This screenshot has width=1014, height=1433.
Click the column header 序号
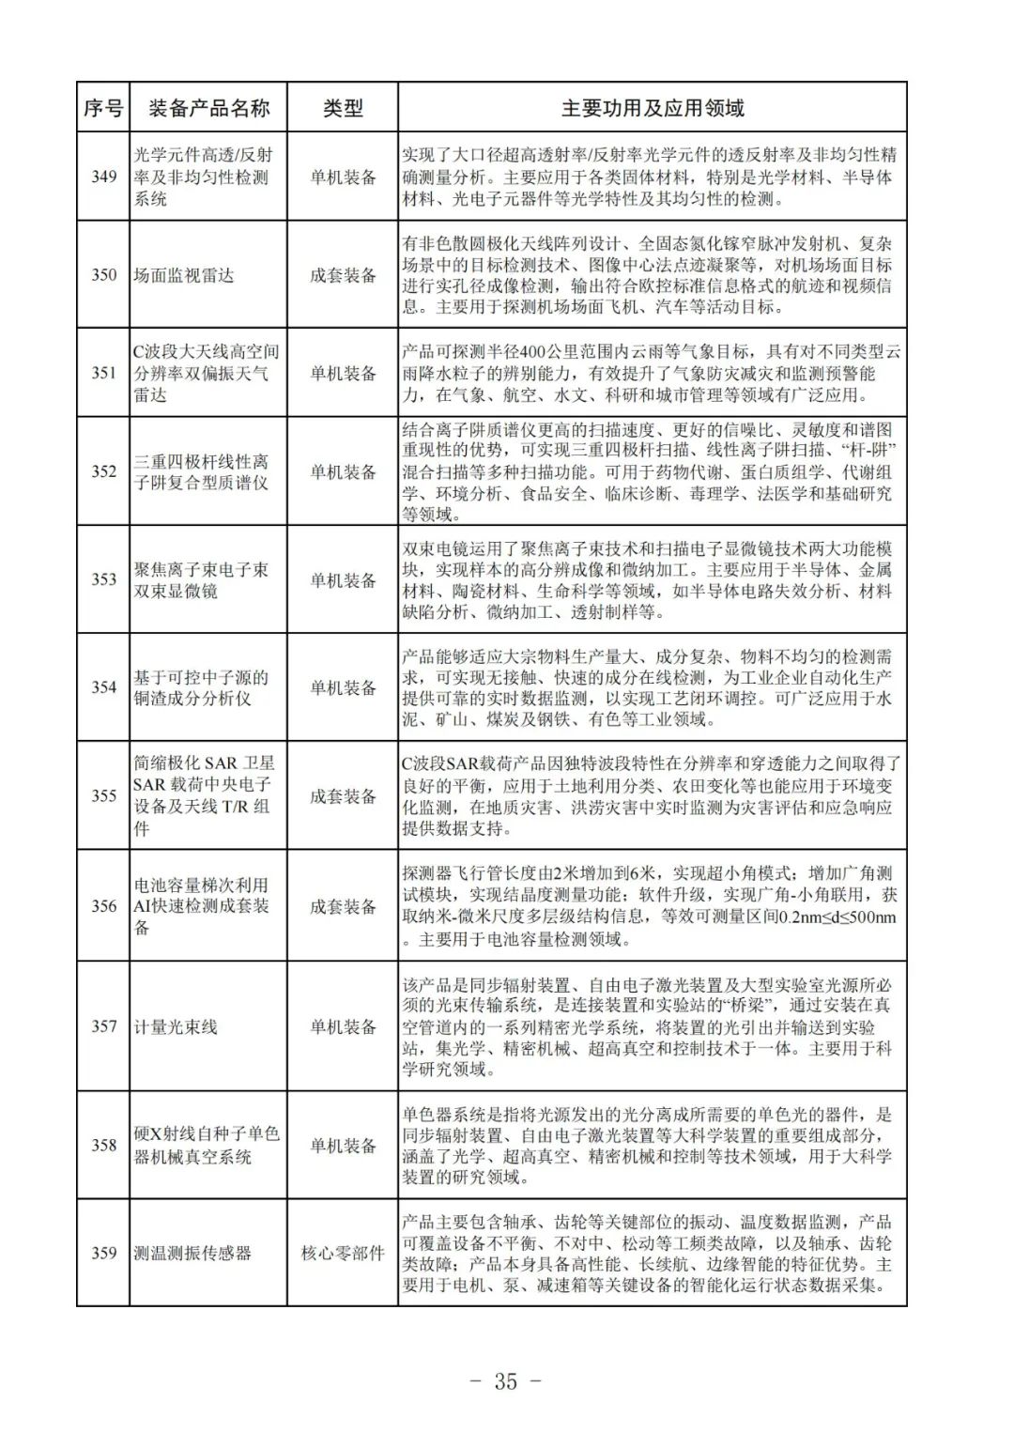coord(103,108)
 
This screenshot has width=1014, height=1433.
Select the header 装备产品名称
coord(208,108)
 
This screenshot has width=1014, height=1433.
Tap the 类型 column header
coord(343,108)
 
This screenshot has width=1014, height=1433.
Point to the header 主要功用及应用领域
coord(653,108)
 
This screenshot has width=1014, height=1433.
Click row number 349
coord(103,177)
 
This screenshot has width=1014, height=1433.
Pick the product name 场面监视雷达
coord(183,275)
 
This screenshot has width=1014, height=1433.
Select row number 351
coord(103,373)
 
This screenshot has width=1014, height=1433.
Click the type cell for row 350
coord(343,275)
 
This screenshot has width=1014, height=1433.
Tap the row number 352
coord(103,471)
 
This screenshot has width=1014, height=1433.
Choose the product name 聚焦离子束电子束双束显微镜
coord(201,580)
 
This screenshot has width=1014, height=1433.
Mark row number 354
coord(103,687)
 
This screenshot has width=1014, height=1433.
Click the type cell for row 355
coord(343,796)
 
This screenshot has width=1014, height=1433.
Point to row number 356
coord(103,906)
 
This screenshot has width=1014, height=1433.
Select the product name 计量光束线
coord(176,1026)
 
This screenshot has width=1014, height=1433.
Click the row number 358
coord(103,1146)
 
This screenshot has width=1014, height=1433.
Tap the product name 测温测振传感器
coord(192,1253)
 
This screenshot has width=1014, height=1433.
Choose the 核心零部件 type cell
coord(343,1253)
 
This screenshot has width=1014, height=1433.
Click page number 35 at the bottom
coord(505,1381)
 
